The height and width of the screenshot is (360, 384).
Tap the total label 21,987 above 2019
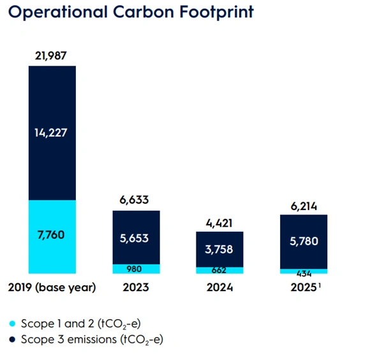(52, 57)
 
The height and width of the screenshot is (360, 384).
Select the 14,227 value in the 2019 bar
(52, 133)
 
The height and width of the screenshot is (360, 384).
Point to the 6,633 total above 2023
(136, 201)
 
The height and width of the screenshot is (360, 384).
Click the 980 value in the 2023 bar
(136, 269)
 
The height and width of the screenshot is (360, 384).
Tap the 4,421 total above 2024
(220, 223)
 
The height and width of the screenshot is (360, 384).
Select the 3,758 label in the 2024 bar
(220, 250)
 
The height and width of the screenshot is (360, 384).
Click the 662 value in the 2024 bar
(220, 270)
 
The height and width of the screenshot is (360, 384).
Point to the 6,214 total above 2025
(304, 206)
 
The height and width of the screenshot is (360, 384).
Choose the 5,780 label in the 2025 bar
(304, 242)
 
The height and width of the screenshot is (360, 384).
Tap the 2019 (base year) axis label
(52, 288)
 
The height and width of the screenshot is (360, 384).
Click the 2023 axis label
(136, 288)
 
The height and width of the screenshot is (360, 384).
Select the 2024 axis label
(220, 288)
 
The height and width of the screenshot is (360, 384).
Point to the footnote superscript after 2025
(318, 285)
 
